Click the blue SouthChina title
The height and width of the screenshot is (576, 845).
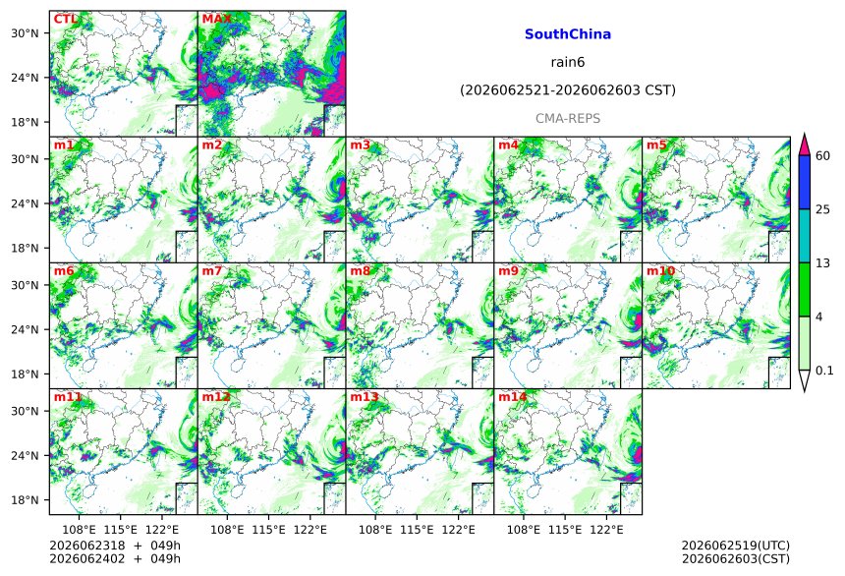click(568, 34)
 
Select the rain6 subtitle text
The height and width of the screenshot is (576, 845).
click(568, 62)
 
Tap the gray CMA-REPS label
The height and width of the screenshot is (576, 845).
click(568, 118)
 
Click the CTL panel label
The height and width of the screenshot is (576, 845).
click(65, 20)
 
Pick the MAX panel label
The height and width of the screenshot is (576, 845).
click(216, 20)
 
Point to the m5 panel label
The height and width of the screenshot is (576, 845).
click(656, 145)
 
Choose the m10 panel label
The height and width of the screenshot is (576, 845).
click(660, 270)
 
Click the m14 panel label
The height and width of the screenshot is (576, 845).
click(512, 397)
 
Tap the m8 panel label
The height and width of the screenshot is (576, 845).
click(360, 270)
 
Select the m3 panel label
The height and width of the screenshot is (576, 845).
click(360, 145)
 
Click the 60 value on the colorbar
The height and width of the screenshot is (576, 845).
click(822, 156)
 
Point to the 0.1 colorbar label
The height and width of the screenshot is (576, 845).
click(824, 371)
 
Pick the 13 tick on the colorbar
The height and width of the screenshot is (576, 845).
click(822, 263)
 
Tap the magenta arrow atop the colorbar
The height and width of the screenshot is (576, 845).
click(804, 145)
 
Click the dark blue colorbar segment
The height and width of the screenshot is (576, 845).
click(804, 182)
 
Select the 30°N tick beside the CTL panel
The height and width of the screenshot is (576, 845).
click(25, 33)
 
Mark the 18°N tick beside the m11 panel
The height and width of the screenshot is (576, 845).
click(25, 500)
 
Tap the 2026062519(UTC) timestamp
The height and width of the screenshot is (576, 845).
click(736, 546)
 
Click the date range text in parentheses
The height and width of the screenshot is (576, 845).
click(568, 90)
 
